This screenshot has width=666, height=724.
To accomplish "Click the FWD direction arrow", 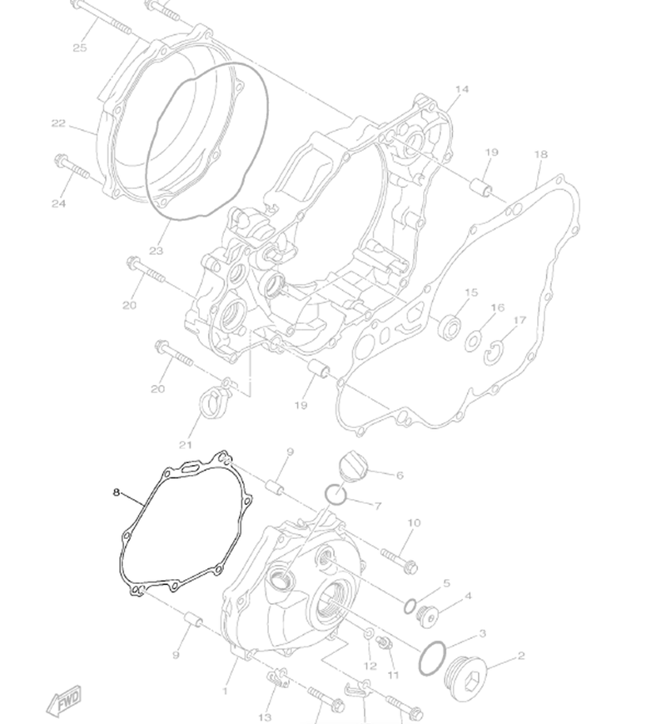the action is pyautogui.click(x=65, y=702).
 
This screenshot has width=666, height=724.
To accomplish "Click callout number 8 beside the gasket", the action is pyautogui.click(x=117, y=492).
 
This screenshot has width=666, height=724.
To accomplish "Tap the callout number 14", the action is pyautogui.click(x=461, y=89).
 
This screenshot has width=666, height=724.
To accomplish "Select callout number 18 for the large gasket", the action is pyautogui.click(x=540, y=154).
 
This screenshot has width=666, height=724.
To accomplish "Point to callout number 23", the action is pyautogui.click(x=157, y=251).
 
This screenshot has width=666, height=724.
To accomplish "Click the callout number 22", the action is pyautogui.click(x=58, y=123).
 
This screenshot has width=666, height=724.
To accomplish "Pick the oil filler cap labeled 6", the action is pyautogui.click(x=353, y=466).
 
